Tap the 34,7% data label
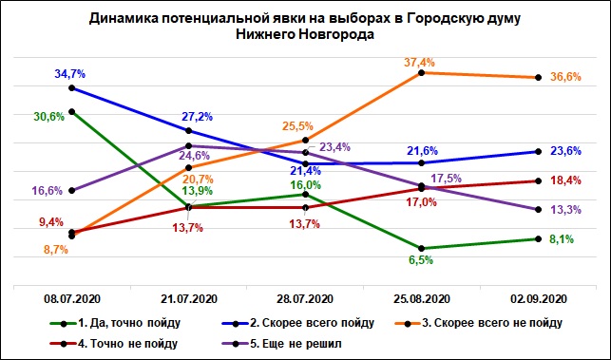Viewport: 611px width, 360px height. (x=69, y=74)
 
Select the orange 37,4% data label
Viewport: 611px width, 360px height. (x=419, y=62)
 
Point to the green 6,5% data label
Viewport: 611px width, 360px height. (x=421, y=260)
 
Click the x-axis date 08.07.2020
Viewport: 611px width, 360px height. (x=72, y=299)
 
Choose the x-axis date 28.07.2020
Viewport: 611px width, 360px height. (x=305, y=299)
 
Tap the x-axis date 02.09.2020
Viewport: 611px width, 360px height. (x=538, y=299)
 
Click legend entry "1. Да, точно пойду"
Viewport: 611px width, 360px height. (x=115, y=323)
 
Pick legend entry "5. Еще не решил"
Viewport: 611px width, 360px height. (x=281, y=344)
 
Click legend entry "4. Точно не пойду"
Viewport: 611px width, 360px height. (x=114, y=344)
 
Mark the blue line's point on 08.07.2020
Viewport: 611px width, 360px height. (x=71, y=88)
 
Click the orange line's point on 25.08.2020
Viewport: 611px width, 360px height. (x=421, y=73)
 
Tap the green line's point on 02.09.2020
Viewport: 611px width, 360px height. (x=538, y=238)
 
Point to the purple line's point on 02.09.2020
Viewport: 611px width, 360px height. (x=538, y=209)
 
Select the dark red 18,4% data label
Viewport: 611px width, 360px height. (x=565, y=180)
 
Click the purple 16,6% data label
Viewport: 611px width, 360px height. (x=47, y=191)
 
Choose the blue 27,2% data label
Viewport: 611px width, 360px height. (x=197, y=117)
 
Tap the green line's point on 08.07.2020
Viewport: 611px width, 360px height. (x=71, y=112)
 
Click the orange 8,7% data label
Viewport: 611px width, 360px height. (x=55, y=250)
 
